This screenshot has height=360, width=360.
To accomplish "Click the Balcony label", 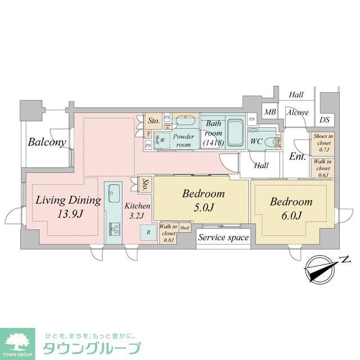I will (47, 142).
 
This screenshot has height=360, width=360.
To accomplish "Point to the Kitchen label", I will (138, 206).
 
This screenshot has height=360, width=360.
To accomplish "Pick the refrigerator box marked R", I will (148, 231).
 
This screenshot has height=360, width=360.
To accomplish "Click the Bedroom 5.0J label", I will (203, 194).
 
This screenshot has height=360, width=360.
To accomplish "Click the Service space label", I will (223, 238).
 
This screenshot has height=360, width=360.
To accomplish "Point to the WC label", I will (256, 141).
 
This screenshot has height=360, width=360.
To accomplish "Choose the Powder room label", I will (184, 141).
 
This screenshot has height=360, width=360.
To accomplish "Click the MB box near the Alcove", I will (270, 112).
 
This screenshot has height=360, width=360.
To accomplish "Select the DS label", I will (325, 119).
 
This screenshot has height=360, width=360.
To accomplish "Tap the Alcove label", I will (297, 112).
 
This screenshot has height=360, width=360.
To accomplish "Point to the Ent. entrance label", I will (298, 157).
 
